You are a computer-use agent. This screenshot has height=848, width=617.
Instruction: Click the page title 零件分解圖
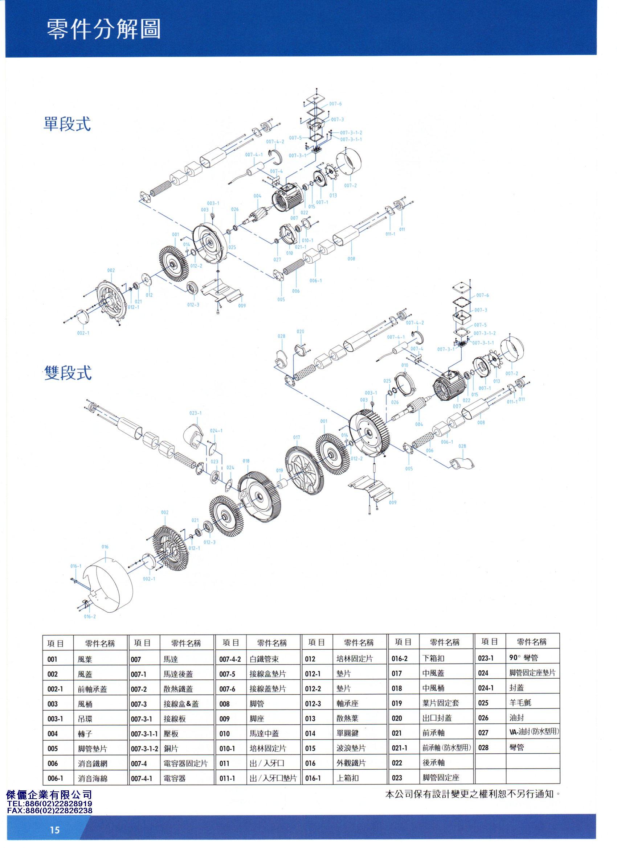point(103,29)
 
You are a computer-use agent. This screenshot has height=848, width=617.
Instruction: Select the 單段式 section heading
point(67,123)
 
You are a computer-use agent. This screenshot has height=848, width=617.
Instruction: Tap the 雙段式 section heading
point(68,372)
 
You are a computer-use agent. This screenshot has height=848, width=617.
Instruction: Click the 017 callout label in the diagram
point(297,437)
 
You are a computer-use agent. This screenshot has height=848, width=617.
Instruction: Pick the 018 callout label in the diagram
point(246,461)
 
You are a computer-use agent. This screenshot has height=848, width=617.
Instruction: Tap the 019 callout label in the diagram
point(280,470)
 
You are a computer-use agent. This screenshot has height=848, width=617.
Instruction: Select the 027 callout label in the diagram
point(277,260)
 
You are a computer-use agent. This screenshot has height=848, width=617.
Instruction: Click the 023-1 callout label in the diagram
point(195,413)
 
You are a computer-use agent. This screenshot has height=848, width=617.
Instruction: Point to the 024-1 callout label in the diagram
point(216,430)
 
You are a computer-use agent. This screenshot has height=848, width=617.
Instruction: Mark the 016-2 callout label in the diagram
point(90,617)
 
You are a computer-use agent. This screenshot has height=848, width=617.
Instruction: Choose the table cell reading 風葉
point(85,660)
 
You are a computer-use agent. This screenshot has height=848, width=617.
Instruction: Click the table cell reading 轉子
point(85,734)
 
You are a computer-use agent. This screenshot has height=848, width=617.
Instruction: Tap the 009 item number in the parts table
point(225,719)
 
